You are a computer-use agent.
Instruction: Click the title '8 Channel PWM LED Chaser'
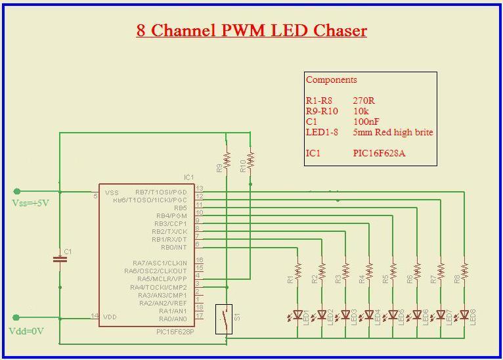[251, 30]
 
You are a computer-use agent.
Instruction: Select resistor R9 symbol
[227, 160]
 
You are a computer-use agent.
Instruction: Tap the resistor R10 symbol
[250, 160]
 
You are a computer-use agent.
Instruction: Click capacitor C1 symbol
[60, 259]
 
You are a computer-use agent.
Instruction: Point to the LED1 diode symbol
[297, 315]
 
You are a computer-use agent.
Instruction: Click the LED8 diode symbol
[464, 315]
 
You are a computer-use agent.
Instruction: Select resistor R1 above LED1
[297, 271]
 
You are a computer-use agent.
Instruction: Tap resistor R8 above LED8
[464, 271]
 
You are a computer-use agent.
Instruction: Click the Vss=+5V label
[31, 203]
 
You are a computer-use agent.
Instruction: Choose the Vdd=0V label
[27, 331]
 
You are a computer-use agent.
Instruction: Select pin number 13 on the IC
[200, 189]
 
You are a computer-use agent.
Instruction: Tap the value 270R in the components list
[364, 101]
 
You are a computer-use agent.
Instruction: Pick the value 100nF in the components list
[366, 122]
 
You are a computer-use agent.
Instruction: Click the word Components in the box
[332, 79]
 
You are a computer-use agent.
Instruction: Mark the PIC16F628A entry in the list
[379, 153]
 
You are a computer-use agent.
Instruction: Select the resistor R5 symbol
[393, 271]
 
